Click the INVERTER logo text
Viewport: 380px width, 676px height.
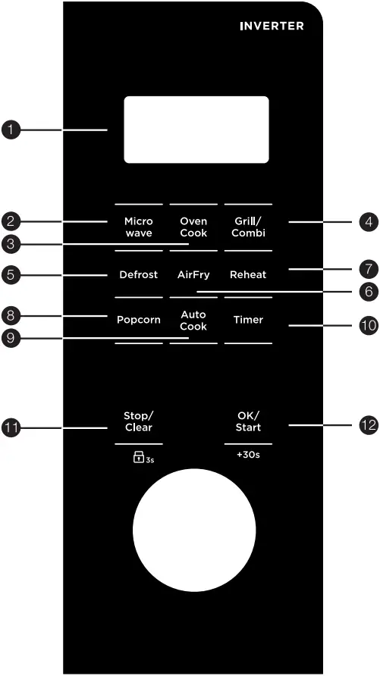[272, 26]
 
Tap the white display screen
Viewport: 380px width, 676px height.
[196, 129]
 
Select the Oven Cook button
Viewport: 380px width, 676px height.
[193, 227]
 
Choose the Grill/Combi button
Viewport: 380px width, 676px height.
[248, 227]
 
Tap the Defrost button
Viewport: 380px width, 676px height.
[138, 274]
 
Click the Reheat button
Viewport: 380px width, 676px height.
[248, 274]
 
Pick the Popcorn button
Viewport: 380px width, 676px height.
[138, 320]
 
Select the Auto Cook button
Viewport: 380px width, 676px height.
[193, 320]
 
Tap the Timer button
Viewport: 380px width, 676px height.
[248, 320]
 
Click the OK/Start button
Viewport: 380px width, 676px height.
[248, 421]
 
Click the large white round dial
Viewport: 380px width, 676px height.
[193, 529]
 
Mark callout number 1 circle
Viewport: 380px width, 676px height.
[11, 130]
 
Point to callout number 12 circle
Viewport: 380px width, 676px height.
[368, 425]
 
